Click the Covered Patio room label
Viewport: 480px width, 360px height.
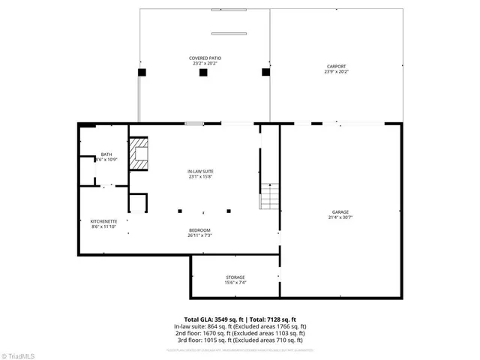(x=205, y=58)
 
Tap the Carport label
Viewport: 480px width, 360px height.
(x=336, y=65)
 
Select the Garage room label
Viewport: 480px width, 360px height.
(x=340, y=211)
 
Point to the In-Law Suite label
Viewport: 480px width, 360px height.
(x=200, y=171)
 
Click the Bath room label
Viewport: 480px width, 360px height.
(x=106, y=154)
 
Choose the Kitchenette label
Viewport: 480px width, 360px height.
(x=103, y=221)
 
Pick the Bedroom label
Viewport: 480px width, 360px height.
(x=199, y=229)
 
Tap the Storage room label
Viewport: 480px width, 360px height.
(x=235, y=277)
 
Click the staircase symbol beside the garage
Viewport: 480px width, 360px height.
(x=269, y=196)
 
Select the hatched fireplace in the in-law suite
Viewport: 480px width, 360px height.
(x=139, y=154)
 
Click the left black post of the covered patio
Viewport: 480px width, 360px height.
(x=141, y=73)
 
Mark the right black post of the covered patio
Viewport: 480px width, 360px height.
(x=265, y=73)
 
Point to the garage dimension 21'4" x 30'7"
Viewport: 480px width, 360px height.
(x=340, y=217)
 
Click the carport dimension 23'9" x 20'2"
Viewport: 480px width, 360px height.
(x=336, y=71)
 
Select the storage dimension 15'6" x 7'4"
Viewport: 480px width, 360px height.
(x=235, y=283)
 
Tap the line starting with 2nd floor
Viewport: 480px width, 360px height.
(x=240, y=334)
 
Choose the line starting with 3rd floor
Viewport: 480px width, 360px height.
(x=240, y=341)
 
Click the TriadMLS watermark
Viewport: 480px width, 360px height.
(x=18, y=352)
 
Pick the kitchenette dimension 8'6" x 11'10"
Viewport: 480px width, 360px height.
(x=103, y=227)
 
